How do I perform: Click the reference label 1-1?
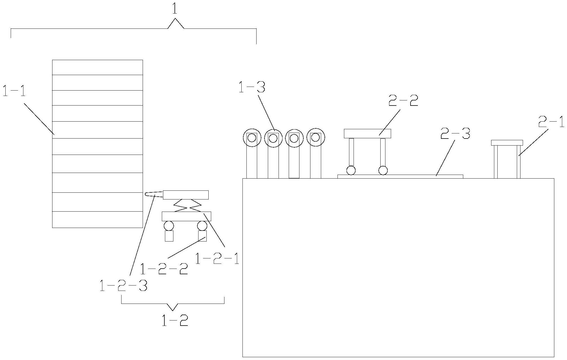[x=14, y=91]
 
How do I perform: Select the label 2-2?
[x=403, y=101]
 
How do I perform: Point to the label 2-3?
[x=455, y=134]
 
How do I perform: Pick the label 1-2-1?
[x=217, y=259]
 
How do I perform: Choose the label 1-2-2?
[x=164, y=269]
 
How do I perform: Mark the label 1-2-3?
[x=123, y=286]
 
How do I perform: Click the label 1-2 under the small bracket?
[x=175, y=321]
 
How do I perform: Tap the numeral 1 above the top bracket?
[x=175, y=9]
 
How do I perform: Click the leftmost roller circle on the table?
[x=252, y=138]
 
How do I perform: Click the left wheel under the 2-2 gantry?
[x=351, y=170]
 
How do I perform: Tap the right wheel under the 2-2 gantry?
[x=383, y=170]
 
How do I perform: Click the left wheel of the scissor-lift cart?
[x=169, y=226]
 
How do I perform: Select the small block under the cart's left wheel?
[x=169, y=236]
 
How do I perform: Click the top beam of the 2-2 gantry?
[x=367, y=133]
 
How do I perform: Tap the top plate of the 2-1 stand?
[x=507, y=143]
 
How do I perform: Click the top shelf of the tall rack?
[x=97, y=67]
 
